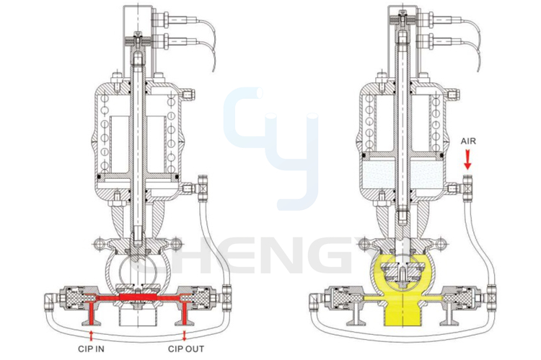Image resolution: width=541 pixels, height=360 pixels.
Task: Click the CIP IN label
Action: pos(91,348)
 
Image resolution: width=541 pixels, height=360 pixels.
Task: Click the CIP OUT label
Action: pos(186,348)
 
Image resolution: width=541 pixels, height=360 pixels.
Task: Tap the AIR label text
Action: pos(468,141)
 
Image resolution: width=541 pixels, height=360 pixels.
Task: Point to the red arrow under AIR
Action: pos(467,159)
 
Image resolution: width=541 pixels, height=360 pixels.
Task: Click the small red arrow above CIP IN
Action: pos(91,335)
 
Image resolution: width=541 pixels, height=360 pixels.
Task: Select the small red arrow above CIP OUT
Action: pos(185,335)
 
